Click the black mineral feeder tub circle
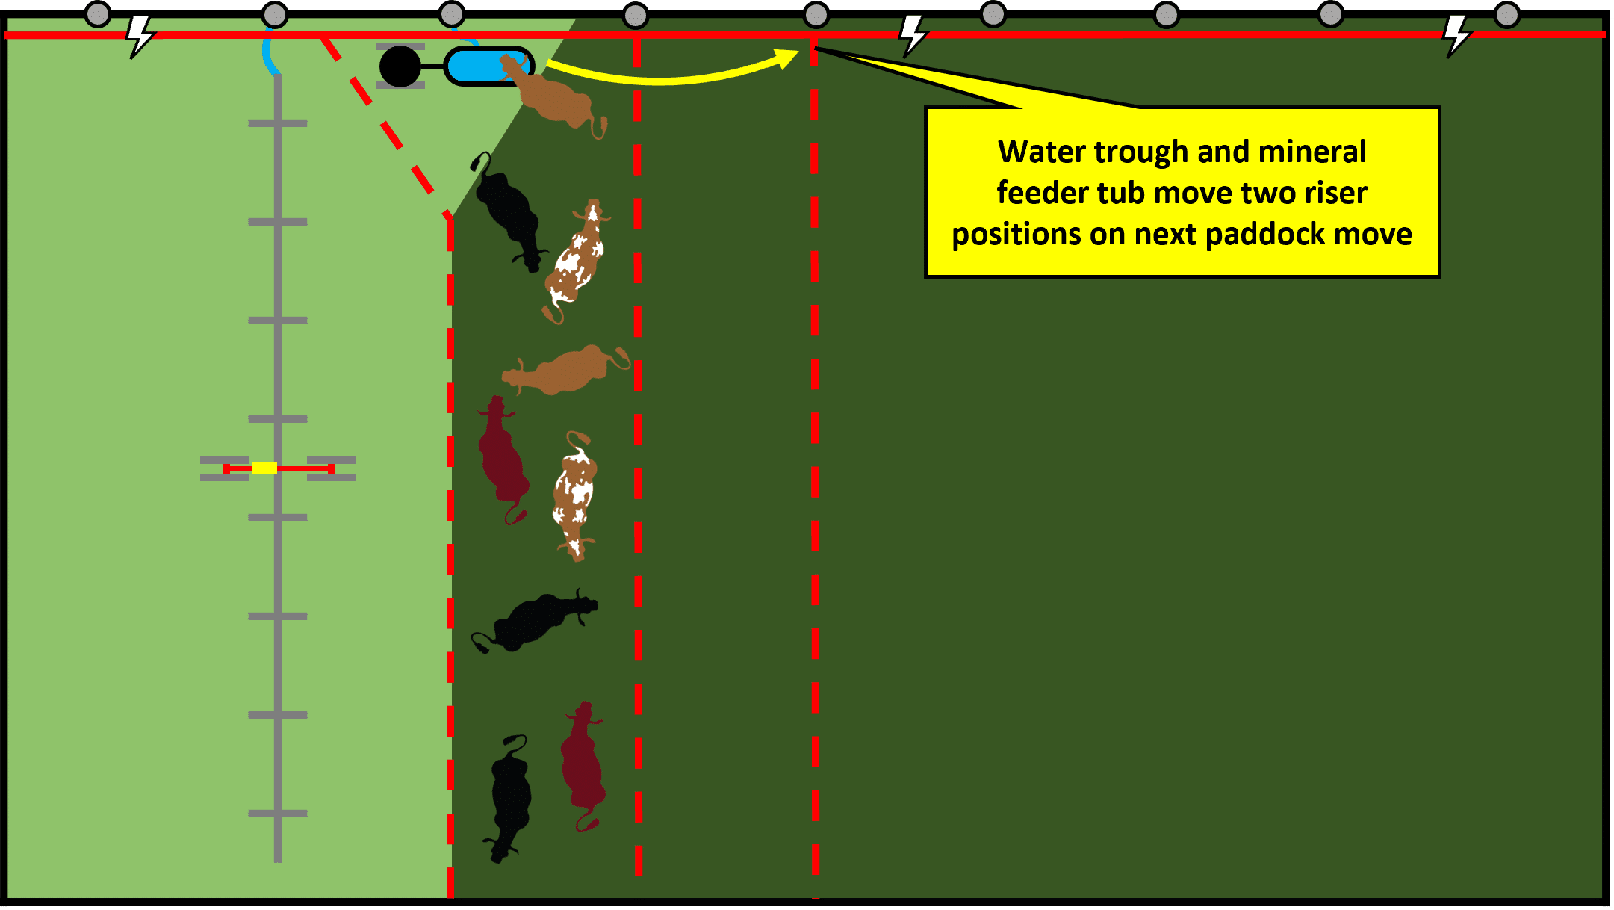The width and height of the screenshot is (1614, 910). [400, 66]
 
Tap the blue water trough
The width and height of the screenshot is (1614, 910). [489, 66]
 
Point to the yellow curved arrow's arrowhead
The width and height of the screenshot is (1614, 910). [787, 58]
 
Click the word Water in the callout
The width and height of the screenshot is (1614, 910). [1044, 152]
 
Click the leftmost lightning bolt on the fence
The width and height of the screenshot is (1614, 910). [139, 36]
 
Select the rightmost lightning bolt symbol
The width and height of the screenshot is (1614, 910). [1456, 36]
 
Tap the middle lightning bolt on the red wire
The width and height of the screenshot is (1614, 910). [913, 36]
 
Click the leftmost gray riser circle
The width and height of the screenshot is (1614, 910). [98, 13]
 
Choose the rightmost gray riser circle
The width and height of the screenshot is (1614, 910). [1506, 14]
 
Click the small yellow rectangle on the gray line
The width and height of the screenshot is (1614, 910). [264, 468]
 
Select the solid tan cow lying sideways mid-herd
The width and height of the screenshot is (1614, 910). [565, 370]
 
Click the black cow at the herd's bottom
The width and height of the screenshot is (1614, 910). [511, 797]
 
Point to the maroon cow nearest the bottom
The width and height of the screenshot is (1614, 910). [583, 766]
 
